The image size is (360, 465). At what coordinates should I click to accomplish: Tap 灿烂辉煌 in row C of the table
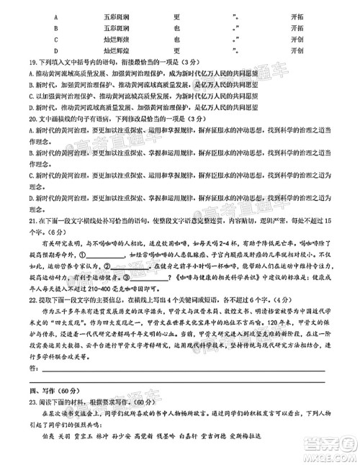tap(119, 40)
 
